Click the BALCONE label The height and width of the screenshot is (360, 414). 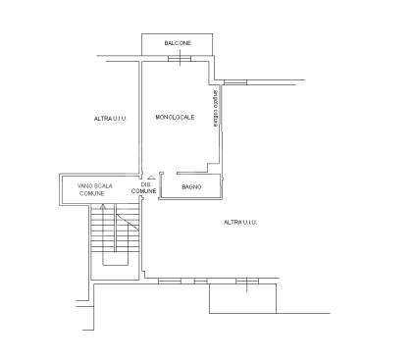(x=178, y=44)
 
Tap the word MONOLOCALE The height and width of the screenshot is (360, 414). (x=175, y=118)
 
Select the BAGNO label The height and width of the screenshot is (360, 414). (x=191, y=185)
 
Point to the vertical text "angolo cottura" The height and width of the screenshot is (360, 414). (x=216, y=107)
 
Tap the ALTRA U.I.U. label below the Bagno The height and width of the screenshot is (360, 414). (x=239, y=223)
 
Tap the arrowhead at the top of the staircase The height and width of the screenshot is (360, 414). (x=103, y=208)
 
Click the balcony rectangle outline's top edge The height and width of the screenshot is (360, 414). (x=178, y=35)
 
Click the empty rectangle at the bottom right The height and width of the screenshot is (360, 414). (x=244, y=299)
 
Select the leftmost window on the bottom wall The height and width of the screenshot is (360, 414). (x=170, y=282)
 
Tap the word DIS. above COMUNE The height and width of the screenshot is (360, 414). (x=145, y=184)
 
